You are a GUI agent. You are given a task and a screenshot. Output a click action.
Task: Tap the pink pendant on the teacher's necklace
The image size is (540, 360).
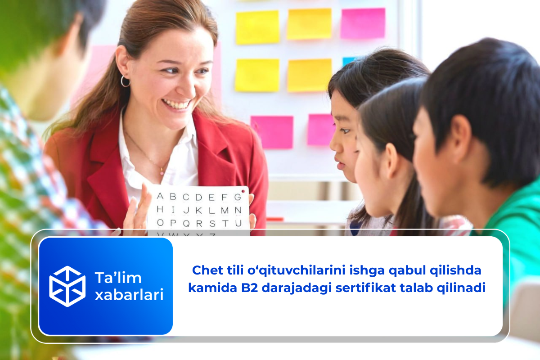(x=162, y=173)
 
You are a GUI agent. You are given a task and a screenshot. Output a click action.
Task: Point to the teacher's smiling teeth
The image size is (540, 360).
(x=176, y=104)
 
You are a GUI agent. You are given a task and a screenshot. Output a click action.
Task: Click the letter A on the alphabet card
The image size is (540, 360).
(x=160, y=196)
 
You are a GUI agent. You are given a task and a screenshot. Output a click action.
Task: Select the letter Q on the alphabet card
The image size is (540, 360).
(x=186, y=224)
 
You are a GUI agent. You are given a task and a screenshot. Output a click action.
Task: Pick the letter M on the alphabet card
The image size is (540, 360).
(x=225, y=211)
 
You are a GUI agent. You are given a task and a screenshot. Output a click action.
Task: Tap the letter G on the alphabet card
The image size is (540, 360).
(x=238, y=197)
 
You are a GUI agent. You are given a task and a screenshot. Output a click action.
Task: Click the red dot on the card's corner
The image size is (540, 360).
(x=243, y=191)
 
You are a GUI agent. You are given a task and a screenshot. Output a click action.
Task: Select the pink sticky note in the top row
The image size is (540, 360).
(x=363, y=23)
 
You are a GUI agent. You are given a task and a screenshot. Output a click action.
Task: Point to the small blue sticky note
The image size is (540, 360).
(x=349, y=61)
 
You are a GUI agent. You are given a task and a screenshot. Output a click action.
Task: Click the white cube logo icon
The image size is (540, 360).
(x=67, y=286)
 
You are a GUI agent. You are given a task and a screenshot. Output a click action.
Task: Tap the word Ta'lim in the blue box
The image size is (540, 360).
(x=118, y=278)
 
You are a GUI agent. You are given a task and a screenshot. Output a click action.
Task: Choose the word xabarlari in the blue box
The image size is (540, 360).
(x=129, y=295)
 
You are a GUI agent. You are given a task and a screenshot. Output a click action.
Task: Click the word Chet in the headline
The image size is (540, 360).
(x=207, y=270)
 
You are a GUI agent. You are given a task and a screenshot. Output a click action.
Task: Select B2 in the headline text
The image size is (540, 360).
(x=249, y=288)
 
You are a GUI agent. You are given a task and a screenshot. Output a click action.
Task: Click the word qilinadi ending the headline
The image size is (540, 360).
(x=461, y=288)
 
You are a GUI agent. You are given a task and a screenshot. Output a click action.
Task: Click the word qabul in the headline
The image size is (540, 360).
(x=407, y=271)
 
